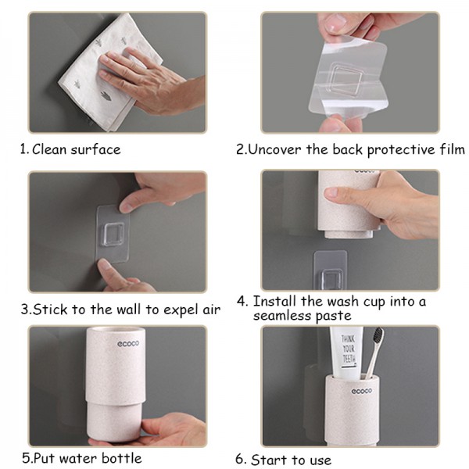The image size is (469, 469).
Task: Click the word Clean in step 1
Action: pos(49,149)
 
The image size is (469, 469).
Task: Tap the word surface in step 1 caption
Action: pos(95,149)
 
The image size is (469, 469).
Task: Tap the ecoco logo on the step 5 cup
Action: pos(128,344)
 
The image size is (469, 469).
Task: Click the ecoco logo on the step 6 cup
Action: pos(361,391)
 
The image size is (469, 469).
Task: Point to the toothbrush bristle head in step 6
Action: pos(378,338)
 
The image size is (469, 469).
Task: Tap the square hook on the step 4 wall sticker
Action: pos(330,279)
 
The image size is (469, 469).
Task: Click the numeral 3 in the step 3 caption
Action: pos(25,310)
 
